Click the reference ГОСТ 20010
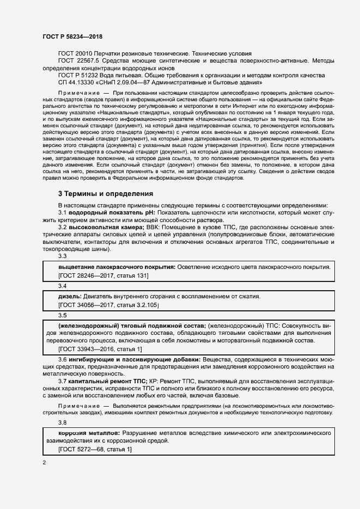(76, 54)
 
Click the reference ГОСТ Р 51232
(80, 75)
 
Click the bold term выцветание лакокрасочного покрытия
(116, 267)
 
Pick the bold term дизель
(70, 296)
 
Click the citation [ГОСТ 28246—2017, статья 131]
(103, 275)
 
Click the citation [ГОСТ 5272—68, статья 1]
(95, 450)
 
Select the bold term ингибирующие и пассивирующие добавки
(135, 360)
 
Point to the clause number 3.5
(62, 315)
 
